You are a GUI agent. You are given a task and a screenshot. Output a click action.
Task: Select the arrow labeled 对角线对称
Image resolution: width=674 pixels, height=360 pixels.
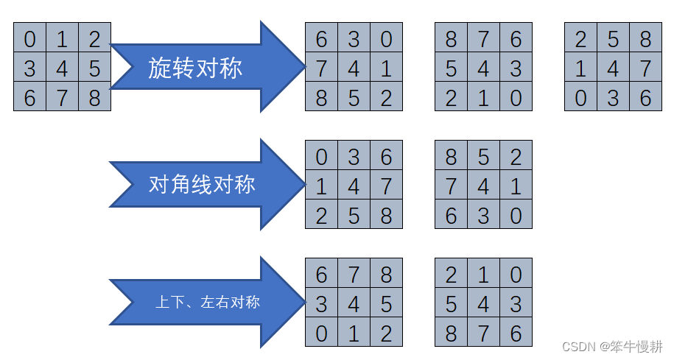pyautogui.click(x=203, y=184)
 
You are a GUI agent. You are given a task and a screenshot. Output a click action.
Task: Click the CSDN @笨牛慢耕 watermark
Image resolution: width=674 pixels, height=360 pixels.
pyautogui.click(x=612, y=346)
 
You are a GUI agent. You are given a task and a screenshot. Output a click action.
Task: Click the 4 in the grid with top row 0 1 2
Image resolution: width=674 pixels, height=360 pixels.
pyautogui.click(x=62, y=68)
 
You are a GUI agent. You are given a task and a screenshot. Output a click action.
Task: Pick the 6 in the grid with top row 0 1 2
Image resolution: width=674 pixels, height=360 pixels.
pyautogui.click(x=29, y=98)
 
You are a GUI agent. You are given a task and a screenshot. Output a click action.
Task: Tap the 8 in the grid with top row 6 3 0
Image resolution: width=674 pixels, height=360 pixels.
pyautogui.click(x=321, y=98)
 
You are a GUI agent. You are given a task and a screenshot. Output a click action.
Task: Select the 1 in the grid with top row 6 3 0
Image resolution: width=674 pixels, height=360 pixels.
pyautogui.click(x=386, y=68)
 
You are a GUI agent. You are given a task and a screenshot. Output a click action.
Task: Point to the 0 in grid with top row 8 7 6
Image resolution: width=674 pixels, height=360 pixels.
pyautogui.click(x=516, y=98)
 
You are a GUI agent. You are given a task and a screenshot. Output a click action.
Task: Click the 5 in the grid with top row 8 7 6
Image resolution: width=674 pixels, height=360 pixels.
pyautogui.click(x=451, y=68)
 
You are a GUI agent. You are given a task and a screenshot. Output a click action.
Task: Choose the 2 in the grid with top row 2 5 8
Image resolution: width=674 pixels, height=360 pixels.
pyautogui.click(x=580, y=38)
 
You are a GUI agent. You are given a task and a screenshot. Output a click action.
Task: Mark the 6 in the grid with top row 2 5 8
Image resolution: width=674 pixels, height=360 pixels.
pyautogui.click(x=645, y=98)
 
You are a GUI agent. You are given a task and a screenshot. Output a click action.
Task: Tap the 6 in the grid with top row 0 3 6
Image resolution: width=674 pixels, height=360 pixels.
pyautogui.click(x=386, y=155)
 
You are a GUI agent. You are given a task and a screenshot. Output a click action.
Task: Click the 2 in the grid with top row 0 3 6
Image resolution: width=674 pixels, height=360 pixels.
pyautogui.click(x=321, y=215)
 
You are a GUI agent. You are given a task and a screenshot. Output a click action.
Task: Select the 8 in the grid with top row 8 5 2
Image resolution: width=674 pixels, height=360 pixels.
pyautogui.click(x=451, y=155)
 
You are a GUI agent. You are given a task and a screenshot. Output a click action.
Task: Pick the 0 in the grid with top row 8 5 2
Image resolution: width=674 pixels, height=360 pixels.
pyautogui.click(x=516, y=215)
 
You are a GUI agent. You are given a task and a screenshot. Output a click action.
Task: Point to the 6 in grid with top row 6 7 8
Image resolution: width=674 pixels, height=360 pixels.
pyautogui.click(x=321, y=274)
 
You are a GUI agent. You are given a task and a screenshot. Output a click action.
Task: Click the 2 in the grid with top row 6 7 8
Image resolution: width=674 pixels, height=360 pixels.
pyautogui.click(x=386, y=333)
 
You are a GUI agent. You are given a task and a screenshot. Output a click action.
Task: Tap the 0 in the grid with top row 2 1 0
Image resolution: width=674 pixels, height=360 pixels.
pyautogui.click(x=516, y=274)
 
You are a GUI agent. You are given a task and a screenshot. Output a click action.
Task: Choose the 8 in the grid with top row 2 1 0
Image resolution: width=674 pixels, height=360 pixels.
pyautogui.click(x=451, y=333)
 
